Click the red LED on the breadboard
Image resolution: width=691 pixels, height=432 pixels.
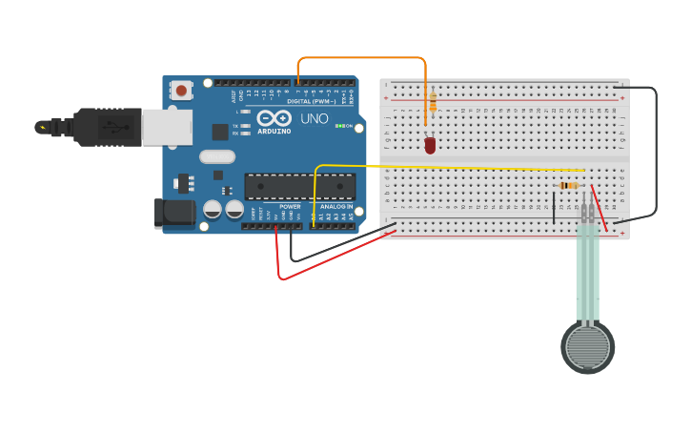[430, 145]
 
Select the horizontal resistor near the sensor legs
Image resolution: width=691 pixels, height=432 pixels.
[569, 185]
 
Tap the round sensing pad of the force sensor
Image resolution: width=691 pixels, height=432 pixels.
[587, 347]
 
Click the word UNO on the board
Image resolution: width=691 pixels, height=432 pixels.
[315, 119]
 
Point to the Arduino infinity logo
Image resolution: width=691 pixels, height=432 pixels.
[273, 118]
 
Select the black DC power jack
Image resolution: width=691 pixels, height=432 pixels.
[174, 214]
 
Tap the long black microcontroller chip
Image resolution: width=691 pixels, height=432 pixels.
[299, 186]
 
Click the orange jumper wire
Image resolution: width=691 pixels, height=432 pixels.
[362, 58]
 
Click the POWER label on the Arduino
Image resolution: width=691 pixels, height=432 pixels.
[290, 206]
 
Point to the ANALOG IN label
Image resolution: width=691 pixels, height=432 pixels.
[335, 206]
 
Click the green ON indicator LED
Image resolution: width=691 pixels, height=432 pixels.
[339, 126]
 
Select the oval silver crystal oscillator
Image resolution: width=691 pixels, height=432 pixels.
[216, 156]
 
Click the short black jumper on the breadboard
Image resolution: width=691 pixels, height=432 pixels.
[553, 207]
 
